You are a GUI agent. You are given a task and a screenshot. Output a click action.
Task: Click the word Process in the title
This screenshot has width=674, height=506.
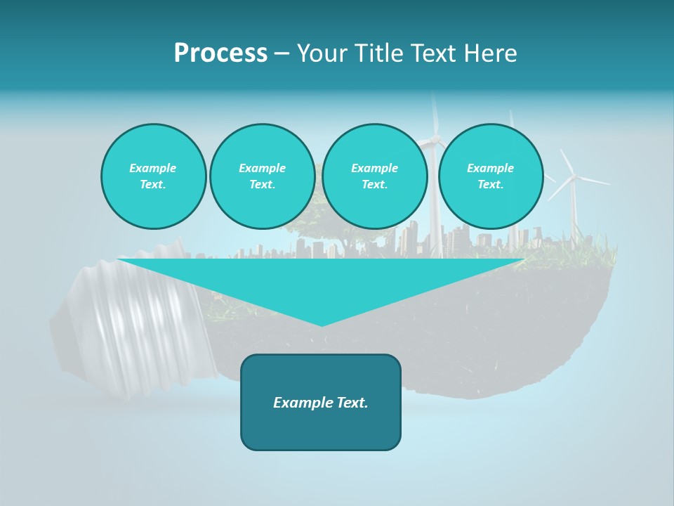220,53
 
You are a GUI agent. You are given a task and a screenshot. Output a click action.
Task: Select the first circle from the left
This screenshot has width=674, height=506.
153,176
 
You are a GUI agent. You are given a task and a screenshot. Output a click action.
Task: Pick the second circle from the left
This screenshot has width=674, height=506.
262,176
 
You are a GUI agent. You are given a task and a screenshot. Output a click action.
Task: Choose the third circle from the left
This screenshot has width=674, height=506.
374,176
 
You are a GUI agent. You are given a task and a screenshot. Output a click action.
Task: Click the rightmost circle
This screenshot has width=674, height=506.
490,176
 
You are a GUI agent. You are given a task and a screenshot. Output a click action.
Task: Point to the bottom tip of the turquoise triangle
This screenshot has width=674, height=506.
322,325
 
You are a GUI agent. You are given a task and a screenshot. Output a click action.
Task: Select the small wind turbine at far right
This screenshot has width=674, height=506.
573,179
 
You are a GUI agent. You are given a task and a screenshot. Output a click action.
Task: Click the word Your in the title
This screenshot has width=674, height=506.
320,53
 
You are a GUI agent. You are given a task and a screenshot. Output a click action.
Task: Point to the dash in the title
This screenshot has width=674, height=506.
282,54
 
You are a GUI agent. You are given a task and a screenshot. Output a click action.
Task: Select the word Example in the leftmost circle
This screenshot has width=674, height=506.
153,169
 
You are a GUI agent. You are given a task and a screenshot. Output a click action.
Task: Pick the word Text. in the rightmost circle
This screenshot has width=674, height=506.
490,185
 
